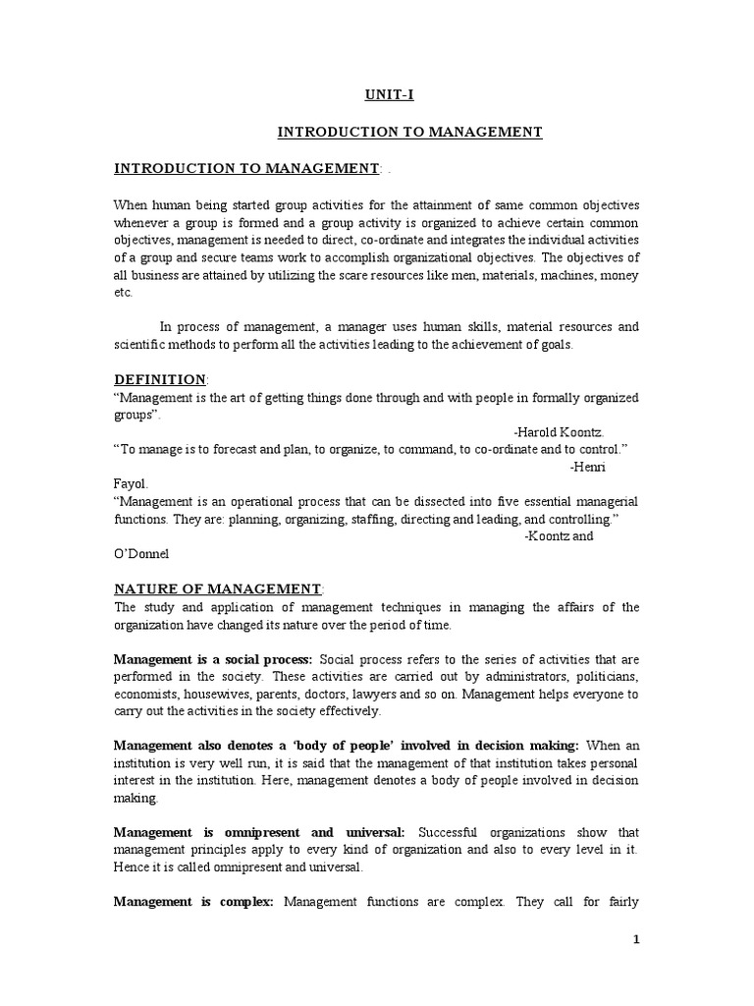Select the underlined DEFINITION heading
[x=159, y=380]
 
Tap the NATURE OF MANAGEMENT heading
[x=217, y=588]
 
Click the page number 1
[x=636, y=939]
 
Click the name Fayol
[x=131, y=483]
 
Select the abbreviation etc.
[x=123, y=293]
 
